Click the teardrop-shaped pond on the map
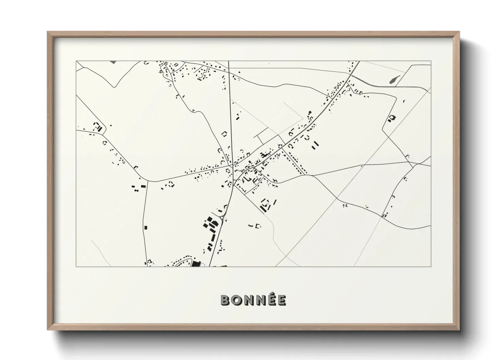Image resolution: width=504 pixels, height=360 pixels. click(393, 80)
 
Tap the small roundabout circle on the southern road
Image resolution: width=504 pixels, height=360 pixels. click(222, 218)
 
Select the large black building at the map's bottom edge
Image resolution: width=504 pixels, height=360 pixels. click(195, 264)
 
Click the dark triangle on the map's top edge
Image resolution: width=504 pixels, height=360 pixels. click(113, 62)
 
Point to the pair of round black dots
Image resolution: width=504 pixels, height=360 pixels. click(136, 191)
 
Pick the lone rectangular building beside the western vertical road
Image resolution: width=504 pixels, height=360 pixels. click(146, 227)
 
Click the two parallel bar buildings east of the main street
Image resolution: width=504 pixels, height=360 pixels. click(315, 144)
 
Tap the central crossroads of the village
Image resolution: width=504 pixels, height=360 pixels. click(232, 166)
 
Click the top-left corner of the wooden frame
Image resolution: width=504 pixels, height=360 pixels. click(48, 32)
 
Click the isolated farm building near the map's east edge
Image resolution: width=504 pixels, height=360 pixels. click(392, 118)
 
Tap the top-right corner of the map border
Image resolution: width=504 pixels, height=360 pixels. click(431, 61)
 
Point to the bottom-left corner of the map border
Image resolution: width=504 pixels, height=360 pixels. click(76, 266)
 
